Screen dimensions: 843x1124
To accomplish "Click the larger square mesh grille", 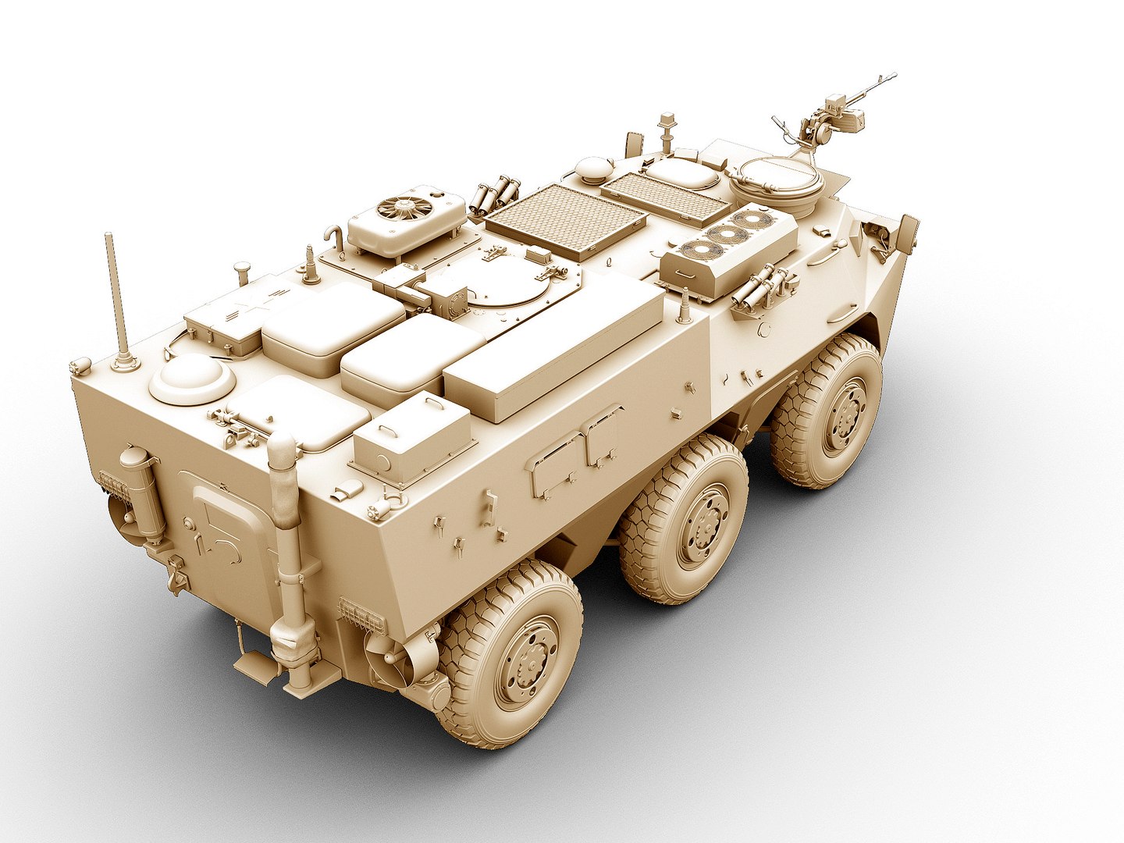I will (x=565, y=219).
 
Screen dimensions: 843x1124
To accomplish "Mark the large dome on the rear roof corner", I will (x=192, y=379).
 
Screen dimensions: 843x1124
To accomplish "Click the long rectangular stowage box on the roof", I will (x=554, y=347).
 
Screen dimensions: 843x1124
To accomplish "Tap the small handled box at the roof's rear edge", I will (x=411, y=437).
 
